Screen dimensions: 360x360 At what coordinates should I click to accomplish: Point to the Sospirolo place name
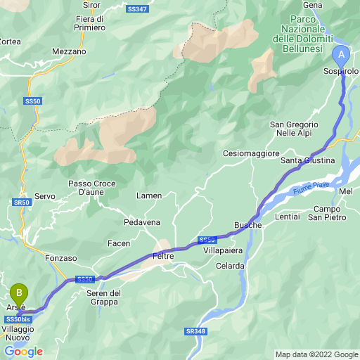[x=341, y=72]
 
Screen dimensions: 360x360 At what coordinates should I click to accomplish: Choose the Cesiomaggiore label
[x=251, y=153]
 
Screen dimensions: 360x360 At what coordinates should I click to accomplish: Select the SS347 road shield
[x=138, y=9]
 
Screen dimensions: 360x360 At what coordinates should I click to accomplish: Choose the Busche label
[x=247, y=224]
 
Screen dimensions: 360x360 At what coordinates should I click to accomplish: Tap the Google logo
[x=24, y=351]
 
